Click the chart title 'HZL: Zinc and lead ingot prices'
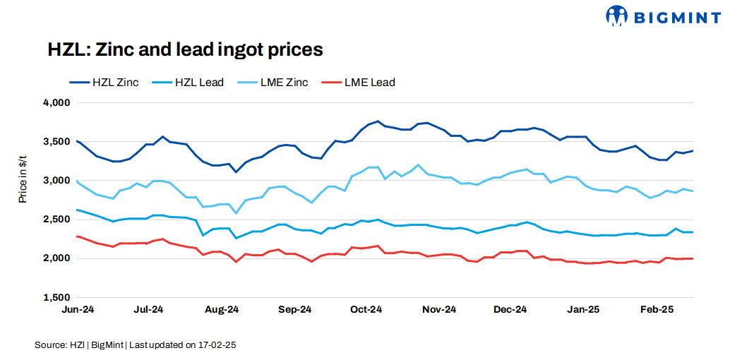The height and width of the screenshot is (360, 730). [185, 50]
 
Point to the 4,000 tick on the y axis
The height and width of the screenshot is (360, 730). [56, 103]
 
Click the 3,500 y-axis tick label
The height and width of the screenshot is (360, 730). [56, 142]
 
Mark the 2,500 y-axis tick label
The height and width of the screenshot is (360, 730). [56, 220]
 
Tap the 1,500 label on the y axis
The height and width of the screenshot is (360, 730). [56, 297]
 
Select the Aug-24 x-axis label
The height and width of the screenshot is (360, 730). [222, 309]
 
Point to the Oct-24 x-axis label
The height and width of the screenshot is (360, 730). [366, 309]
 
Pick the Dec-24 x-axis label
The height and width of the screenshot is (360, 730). [510, 309]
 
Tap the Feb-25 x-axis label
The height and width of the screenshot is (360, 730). [656, 309]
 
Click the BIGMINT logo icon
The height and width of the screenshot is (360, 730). [617, 16]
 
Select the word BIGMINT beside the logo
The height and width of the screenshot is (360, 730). [676, 18]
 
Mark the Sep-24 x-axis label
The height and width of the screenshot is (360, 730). [294, 309]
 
